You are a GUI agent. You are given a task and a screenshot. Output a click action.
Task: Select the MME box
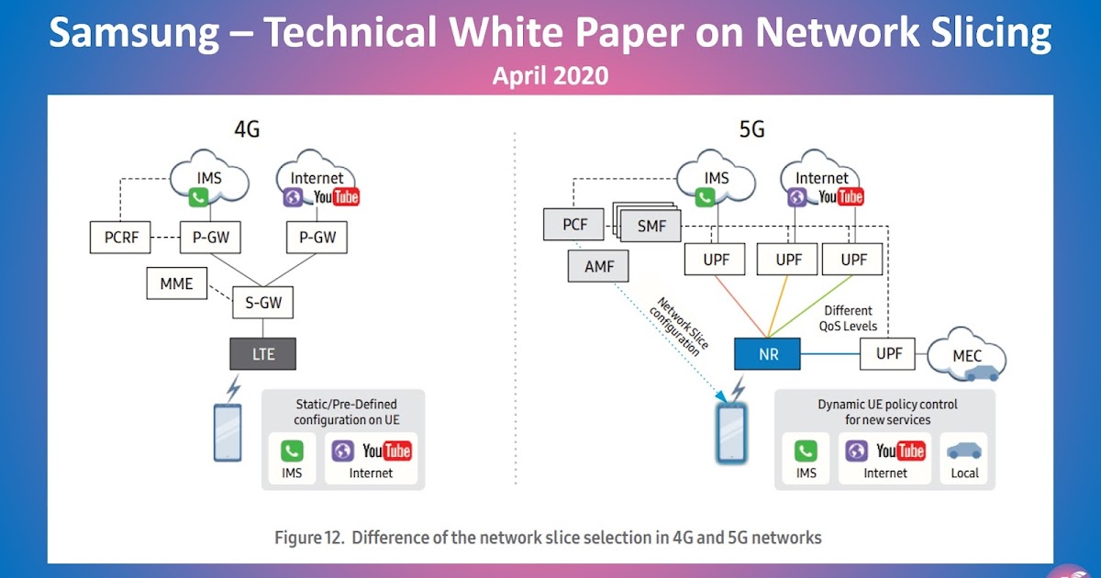tap(176, 283)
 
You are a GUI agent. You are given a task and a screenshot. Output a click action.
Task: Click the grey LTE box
tap(263, 353)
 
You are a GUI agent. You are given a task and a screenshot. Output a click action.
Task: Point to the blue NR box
tap(768, 353)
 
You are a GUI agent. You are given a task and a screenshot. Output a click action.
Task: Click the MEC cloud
tap(967, 353)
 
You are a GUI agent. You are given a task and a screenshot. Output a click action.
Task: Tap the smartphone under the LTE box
tap(227, 432)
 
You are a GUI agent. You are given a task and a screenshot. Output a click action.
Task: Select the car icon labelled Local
tap(964, 452)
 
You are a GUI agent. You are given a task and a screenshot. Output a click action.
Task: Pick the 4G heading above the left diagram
tap(246, 129)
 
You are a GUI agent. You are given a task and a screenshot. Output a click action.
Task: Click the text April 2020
tap(550, 75)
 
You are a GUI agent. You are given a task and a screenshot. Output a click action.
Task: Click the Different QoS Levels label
tap(850, 317)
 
